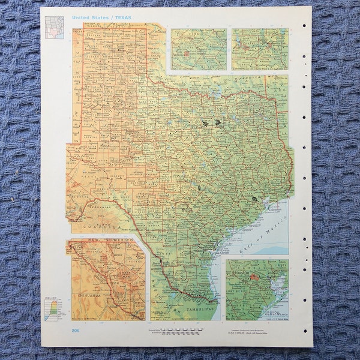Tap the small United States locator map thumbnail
coord(54,27)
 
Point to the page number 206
coord(76,331)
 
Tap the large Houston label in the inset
coord(239,272)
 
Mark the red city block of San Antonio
coord(187,53)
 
